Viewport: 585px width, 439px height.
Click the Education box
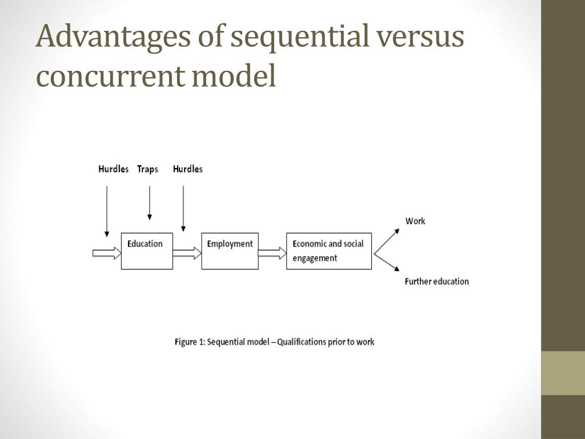point(147,251)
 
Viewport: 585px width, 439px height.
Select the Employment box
point(230,251)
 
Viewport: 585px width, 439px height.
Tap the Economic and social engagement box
point(328,251)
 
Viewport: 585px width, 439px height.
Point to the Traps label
point(147,169)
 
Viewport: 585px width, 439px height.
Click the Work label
point(415,221)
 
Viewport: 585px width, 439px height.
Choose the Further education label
point(436,281)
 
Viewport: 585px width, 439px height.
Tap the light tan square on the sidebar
point(563,373)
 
